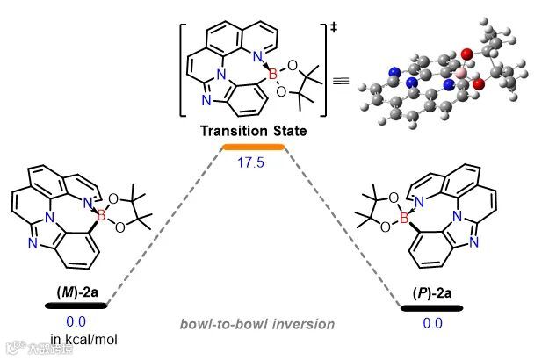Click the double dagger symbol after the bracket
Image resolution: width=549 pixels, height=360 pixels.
click(333, 31)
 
